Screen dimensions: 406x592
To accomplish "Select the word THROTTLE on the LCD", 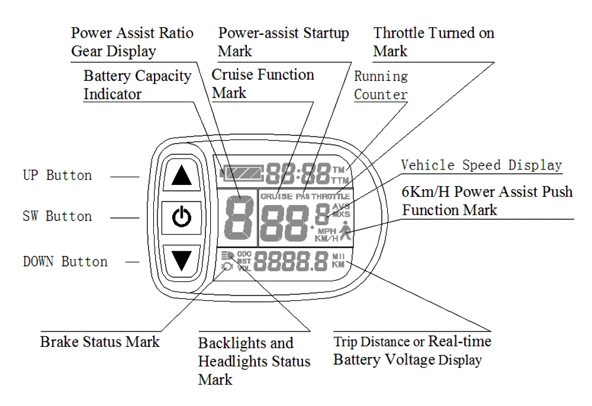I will pos(331,196).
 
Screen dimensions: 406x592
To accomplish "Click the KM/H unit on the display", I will pos(327,238).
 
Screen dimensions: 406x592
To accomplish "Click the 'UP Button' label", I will pos(57,176).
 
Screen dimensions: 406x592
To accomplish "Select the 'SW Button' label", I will pos(57,216).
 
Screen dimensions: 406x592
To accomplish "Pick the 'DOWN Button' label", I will pos(65,261).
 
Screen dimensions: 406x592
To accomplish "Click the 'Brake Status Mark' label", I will pos(99,342).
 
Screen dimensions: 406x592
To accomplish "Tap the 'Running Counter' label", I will pos(381,85).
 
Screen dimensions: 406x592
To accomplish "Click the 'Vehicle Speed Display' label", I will pos(481,165).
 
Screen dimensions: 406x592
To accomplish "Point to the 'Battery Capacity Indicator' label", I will pos(137,85).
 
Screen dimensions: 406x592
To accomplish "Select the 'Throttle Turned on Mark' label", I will pos(433,41).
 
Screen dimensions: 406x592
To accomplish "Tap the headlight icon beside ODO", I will pos(227,255).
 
